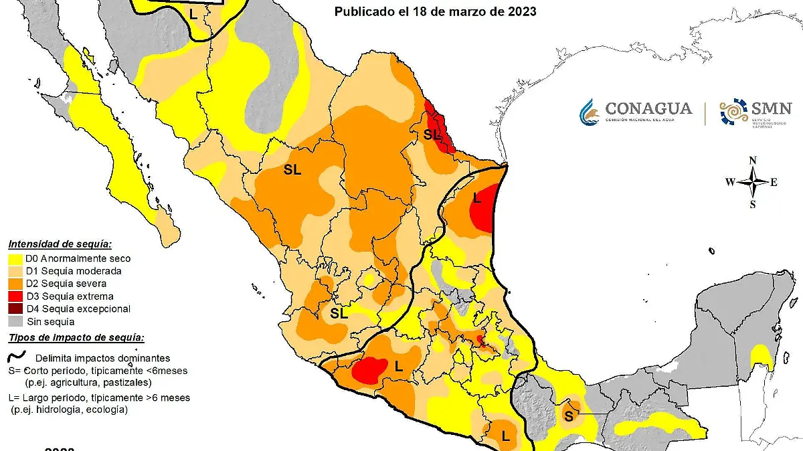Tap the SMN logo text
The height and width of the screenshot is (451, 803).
click(770, 108)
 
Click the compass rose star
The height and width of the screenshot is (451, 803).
click(753, 182)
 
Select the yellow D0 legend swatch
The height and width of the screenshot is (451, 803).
click(16, 258)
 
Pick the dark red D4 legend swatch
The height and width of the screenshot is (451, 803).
click(16, 308)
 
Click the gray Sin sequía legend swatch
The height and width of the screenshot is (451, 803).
click(16, 321)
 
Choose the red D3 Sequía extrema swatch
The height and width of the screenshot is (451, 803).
click(16, 296)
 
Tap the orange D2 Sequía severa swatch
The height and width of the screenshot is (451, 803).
click(16, 284)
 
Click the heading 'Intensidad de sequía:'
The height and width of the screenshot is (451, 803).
click(60, 244)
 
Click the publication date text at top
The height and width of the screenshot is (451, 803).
click(435, 12)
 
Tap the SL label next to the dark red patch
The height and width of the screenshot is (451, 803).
click(432, 134)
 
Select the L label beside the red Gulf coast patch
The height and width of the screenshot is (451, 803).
click(476, 198)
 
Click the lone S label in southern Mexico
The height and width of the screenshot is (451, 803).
click(568, 416)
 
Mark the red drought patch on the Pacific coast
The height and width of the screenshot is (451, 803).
click(370, 370)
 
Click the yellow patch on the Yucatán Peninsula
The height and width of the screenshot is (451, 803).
click(762, 356)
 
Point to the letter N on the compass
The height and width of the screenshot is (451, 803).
click(753, 161)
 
